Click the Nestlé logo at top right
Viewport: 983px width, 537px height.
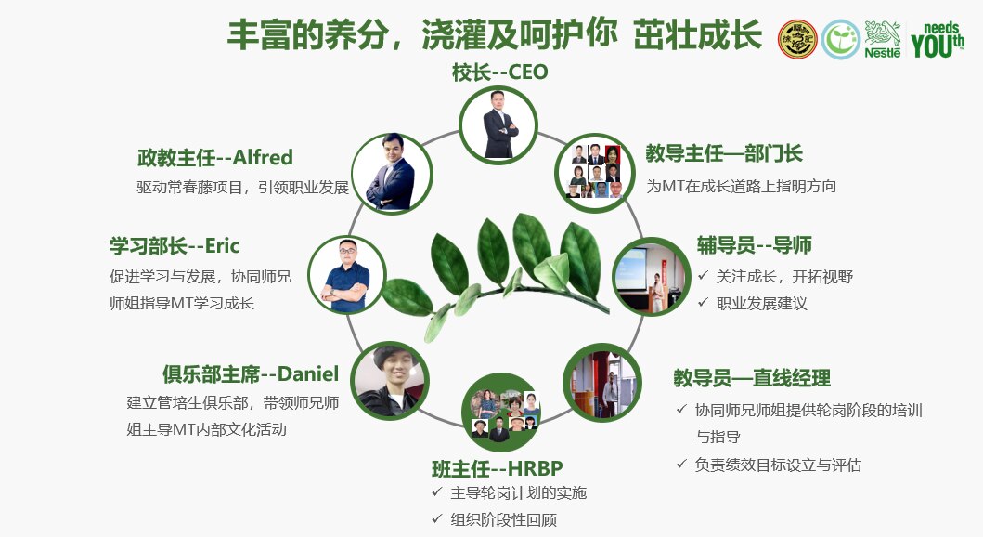[883, 39]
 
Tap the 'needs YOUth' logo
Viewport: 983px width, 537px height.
[938, 40]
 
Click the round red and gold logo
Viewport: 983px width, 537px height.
[797, 39]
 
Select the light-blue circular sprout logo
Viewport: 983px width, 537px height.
[841, 40]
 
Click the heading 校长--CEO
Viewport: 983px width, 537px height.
[499, 72]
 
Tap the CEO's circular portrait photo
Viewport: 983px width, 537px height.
[499, 124]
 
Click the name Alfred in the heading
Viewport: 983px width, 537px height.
[263, 157]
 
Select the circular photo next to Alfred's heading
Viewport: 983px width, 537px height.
[392, 173]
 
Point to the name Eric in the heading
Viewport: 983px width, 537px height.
[223, 245]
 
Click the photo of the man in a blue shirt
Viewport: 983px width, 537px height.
[347, 275]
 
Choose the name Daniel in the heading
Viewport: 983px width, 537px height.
[308, 373]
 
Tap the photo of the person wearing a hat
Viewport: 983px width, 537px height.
[390, 381]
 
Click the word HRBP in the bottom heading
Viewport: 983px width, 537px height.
[535, 468]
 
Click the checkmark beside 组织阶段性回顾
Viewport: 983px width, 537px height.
[437, 518]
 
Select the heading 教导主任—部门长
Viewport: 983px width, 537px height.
[724, 153]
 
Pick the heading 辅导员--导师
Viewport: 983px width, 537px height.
[754, 244]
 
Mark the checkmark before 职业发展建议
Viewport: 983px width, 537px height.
[704, 302]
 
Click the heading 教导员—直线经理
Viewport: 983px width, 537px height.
[752, 377]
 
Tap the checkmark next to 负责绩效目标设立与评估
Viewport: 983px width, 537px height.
[682, 464]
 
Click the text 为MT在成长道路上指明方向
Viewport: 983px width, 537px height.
[741, 187]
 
